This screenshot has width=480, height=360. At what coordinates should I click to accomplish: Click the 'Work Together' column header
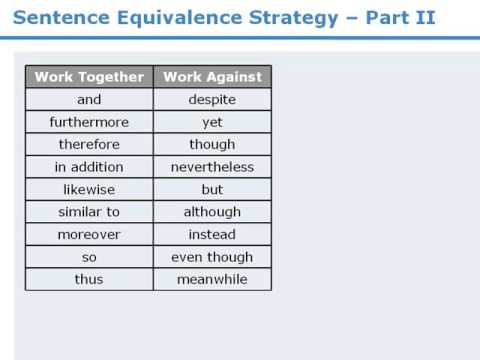89,77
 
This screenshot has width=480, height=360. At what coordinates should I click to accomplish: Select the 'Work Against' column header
212,77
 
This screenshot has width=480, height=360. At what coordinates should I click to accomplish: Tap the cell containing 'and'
89,100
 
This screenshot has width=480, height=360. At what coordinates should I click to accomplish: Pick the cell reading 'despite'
212,100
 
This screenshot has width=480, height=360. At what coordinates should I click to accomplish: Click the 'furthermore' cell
89,122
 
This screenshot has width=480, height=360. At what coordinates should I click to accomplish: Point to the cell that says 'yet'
212,122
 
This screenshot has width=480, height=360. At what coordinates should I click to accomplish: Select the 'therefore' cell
89,145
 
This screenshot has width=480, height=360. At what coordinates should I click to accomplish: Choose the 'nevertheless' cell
212,167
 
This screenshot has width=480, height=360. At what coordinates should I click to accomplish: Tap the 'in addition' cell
89,167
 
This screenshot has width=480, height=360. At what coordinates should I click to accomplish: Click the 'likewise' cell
89,189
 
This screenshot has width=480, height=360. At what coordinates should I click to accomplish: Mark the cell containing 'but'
212,189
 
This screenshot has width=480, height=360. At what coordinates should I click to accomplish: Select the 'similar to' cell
89,212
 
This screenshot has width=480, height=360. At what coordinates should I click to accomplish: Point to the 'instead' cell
212,234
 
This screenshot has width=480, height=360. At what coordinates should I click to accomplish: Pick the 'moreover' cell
89,234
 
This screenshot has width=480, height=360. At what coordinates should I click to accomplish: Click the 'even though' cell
212,257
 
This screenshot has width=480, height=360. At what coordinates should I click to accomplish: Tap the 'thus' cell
89,279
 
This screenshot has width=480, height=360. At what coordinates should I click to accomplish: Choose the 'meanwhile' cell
212,279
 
